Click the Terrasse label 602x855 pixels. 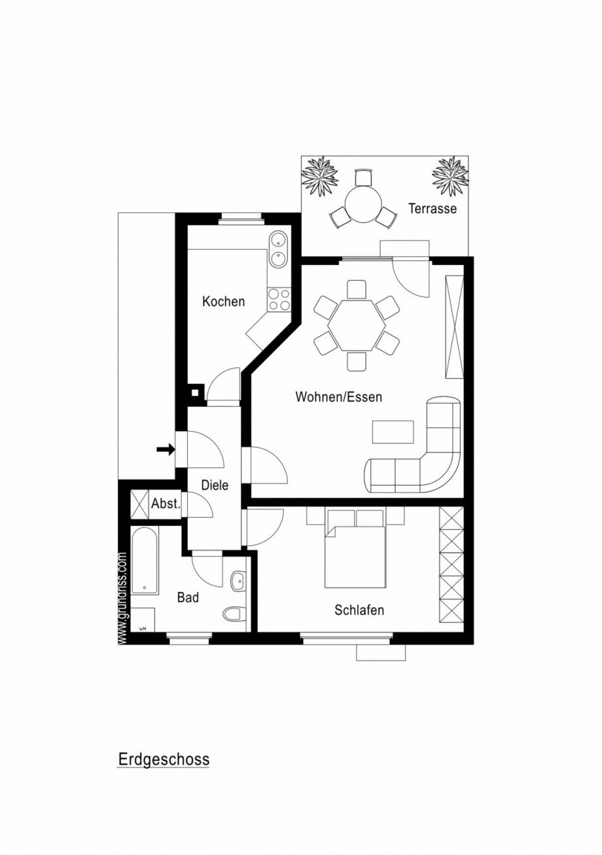pyautogui.click(x=432, y=209)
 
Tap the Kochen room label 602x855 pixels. pyautogui.click(x=224, y=302)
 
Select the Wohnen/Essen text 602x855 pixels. pyautogui.click(x=338, y=396)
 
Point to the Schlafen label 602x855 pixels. pyautogui.click(x=359, y=610)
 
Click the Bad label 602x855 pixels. pyautogui.click(x=188, y=597)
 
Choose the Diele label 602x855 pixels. pyautogui.click(x=215, y=485)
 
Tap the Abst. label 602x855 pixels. pyautogui.click(x=165, y=504)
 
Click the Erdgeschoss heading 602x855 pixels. pyautogui.click(x=164, y=759)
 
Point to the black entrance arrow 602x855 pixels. pyautogui.click(x=166, y=449)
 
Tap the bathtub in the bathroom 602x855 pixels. pyautogui.click(x=144, y=562)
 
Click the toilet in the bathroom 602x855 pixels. pyautogui.click(x=234, y=614)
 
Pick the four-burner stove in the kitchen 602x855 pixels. pyautogui.click(x=279, y=300)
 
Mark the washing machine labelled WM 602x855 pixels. pyautogui.click(x=143, y=621)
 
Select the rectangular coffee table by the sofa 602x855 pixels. pyautogui.click(x=393, y=432)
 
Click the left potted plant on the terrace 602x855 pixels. pyautogui.click(x=319, y=175)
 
